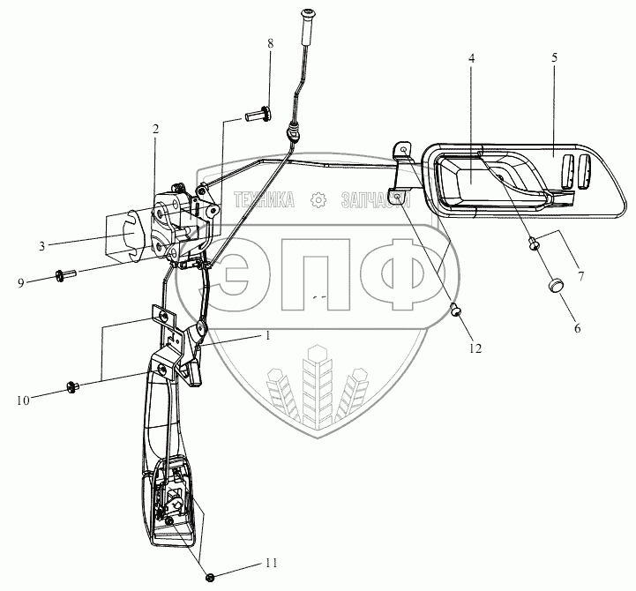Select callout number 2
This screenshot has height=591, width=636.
[155, 129]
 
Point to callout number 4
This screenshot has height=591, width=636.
[471, 58]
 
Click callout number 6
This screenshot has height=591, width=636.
[578, 327]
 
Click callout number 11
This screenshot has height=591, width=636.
[270, 562]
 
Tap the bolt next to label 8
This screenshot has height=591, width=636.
[257, 114]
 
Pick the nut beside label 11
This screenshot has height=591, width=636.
[211, 578]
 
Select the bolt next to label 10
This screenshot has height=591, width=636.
[73, 385]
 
